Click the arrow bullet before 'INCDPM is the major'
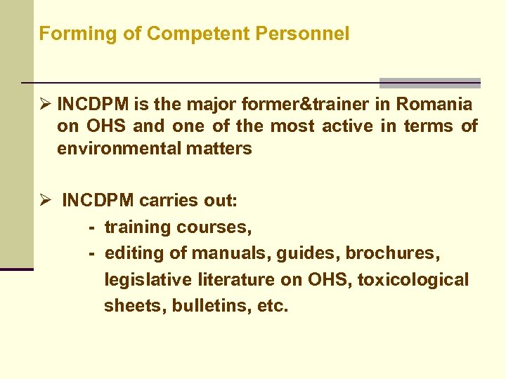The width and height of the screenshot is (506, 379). pos(46,105)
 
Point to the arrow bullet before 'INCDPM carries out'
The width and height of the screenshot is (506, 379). pos(46,201)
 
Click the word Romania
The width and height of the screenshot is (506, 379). pos(434,105)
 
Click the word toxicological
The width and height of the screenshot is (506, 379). pos(413,280)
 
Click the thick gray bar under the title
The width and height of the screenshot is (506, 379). pos(429,82)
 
